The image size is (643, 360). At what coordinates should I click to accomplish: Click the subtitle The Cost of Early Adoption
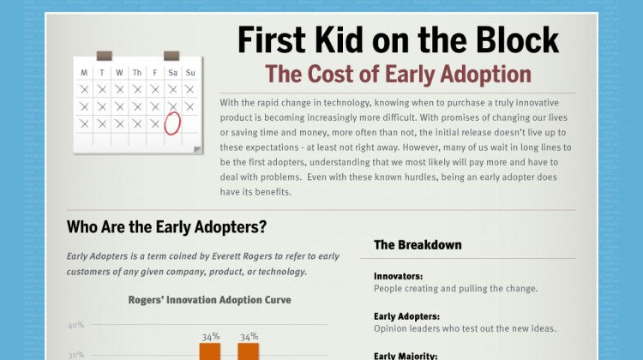click(398, 73)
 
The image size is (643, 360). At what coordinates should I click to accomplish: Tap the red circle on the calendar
click(172, 123)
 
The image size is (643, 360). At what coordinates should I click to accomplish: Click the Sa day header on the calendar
click(172, 73)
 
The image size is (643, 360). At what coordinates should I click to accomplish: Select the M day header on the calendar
click(84, 73)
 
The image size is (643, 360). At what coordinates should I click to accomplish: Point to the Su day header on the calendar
click(190, 73)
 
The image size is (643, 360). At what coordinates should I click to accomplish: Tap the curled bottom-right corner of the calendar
click(198, 150)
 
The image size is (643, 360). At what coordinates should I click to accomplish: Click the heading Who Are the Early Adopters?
click(166, 228)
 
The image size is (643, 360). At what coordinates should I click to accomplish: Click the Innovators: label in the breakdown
click(399, 276)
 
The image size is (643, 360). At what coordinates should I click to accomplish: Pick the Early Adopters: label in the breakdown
click(406, 316)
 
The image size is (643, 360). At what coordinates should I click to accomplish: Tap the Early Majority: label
click(406, 356)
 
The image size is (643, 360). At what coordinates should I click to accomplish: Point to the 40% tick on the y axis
click(76, 326)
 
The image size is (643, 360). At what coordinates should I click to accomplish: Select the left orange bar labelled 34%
click(210, 351)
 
